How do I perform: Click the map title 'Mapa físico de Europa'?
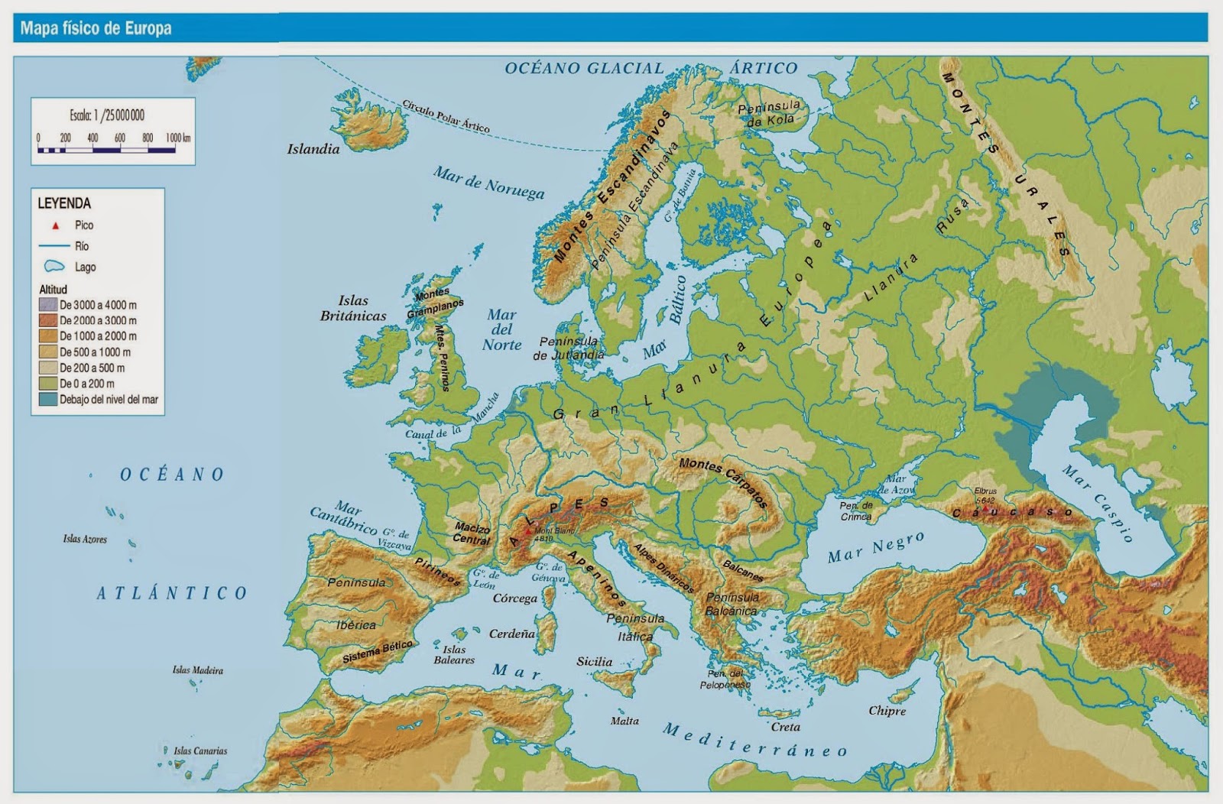tap(96, 29)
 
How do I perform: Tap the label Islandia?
tap(313, 149)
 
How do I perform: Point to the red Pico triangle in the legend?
tap(55, 225)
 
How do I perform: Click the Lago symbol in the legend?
tap(54, 267)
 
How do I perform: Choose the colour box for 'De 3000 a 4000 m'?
tap(48, 305)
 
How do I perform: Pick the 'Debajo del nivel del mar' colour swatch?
tap(48, 399)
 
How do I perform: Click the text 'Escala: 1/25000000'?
tap(107, 115)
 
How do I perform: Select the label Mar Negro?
tap(876, 547)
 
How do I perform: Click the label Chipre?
tap(887, 711)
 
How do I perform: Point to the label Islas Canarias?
tap(200, 751)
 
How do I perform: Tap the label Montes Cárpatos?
tap(723, 484)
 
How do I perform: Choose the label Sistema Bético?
tap(378, 652)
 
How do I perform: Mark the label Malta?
tap(624, 721)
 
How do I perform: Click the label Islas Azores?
tap(85, 539)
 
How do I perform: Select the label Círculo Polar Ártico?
tap(446, 116)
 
